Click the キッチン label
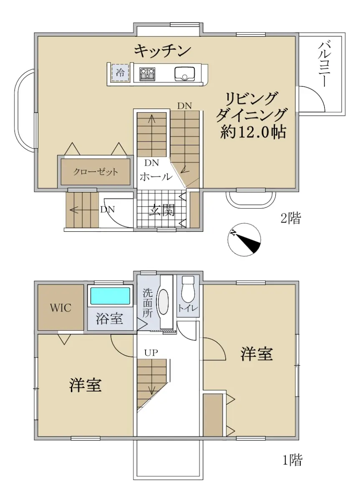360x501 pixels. [163, 51]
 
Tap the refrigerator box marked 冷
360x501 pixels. [120, 73]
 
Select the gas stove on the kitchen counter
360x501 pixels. [147, 74]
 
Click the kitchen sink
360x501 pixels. [185, 74]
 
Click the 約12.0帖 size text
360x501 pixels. [253, 133]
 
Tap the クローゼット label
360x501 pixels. [96, 172]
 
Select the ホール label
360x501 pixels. [156, 177]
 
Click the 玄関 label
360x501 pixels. [161, 211]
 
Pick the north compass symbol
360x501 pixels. [244, 239]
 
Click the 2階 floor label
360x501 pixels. [290, 218]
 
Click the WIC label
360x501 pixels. [60, 308]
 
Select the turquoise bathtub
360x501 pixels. [110, 296]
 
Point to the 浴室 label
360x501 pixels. [109, 319]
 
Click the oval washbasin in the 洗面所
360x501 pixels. [164, 302]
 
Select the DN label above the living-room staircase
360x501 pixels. [184, 106]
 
